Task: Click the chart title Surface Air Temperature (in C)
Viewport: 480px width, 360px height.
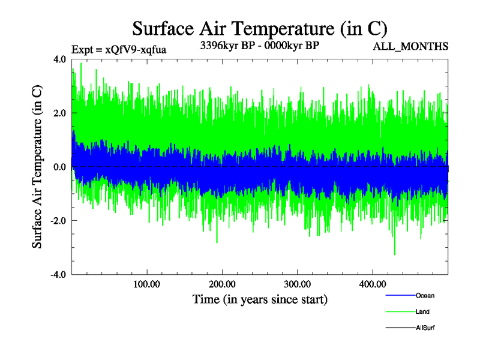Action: (x=260, y=28)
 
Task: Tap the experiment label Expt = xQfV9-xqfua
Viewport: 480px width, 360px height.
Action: (x=118, y=50)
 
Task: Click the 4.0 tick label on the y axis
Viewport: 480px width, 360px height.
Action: (x=59, y=59)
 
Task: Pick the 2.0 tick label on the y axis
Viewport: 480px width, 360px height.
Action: (x=59, y=113)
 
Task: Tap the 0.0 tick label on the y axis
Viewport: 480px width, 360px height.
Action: (x=59, y=167)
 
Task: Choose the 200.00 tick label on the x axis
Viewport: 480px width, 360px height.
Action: (x=222, y=284)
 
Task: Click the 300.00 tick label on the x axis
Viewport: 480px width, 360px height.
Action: (x=297, y=284)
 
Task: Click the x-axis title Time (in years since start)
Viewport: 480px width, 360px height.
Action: (x=260, y=299)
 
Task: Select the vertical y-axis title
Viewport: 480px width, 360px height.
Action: (x=37, y=167)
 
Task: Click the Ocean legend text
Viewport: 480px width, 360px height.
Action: (x=425, y=295)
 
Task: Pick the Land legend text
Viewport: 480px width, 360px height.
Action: (x=422, y=311)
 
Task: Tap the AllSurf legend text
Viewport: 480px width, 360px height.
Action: (x=425, y=328)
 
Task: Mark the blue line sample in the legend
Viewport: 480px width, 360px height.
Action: (x=400, y=295)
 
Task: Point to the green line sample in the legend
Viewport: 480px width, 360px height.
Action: (x=400, y=311)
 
